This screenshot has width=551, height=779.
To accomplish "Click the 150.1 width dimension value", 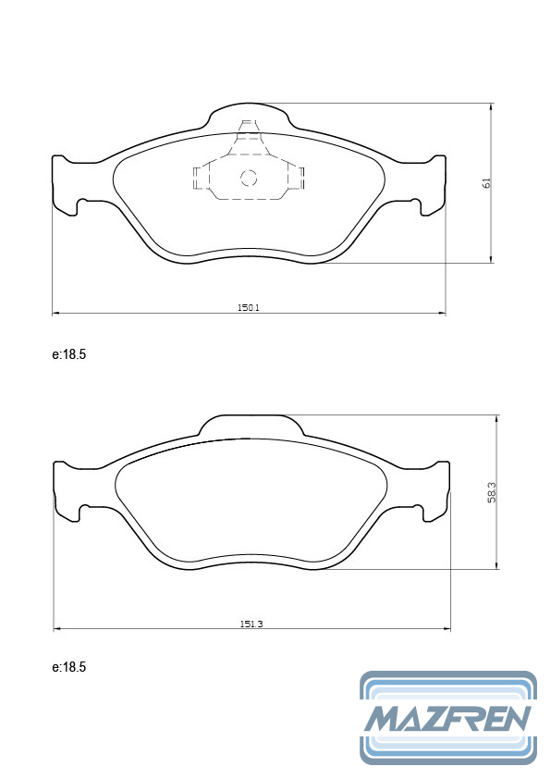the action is pos(248,307).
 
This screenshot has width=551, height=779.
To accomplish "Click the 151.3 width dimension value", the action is pos(251,624).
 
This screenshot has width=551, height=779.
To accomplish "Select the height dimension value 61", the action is pos(486,182).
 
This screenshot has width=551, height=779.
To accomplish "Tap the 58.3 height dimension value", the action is pos(492,493).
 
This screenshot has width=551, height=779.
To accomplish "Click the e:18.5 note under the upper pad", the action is pos(69,354).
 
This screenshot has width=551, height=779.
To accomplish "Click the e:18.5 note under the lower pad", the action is pos(69,667).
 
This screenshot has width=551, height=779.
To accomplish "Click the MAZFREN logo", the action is pos(448,717).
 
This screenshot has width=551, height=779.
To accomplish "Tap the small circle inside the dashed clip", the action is pos(249,178).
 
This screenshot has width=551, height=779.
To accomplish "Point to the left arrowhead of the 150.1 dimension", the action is pos(56,313).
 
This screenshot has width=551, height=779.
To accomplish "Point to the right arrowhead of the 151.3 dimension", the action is pos(447,629).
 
